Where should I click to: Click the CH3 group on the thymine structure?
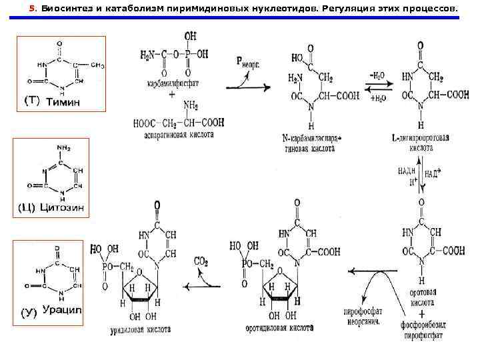click(x=97, y=65)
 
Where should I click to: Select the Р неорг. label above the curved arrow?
click(x=247, y=61)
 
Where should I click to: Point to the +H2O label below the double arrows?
click(x=377, y=97)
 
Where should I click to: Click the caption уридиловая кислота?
click(x=139, y=329)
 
